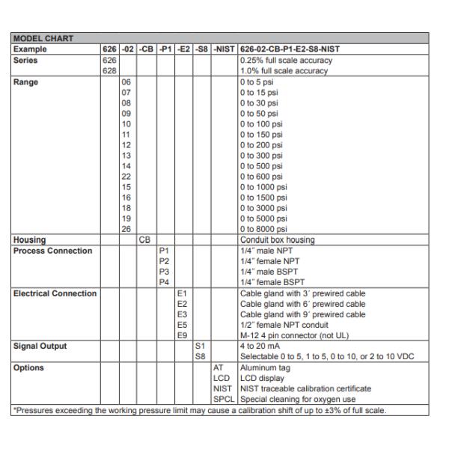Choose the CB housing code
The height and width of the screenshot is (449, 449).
(x=145, y=239)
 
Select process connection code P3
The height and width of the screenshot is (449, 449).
(x=163, y=271)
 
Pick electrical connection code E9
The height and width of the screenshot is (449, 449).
(x=181, y=335)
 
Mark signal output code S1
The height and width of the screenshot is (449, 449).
(x=199, y=345)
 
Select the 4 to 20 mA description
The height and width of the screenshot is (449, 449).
(x=261, y=345)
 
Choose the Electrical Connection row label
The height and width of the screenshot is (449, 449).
(x=55, y=293)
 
